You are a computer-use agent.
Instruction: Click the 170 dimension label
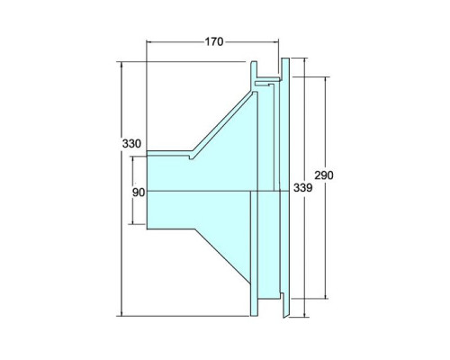(x=214, y=41)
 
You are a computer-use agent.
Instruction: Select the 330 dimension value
(x=131, y=144)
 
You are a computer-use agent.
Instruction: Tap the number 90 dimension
(x=139, y=193)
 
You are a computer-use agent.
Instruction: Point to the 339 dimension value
(x=302, y=188)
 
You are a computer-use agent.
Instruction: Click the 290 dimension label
(x=324, y=175)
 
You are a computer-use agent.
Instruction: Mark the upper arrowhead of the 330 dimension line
(x=121, y=65)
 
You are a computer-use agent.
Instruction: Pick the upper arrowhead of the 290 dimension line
(x=326, y=80)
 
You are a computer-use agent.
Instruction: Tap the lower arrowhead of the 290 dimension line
(x=326, y=295)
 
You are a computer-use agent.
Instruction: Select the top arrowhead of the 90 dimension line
(x=133, y=159)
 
